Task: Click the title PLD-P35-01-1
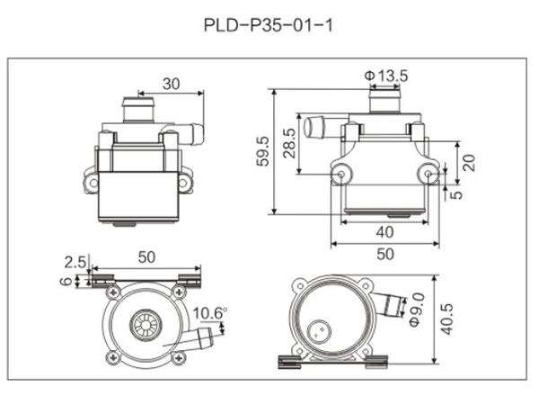269,25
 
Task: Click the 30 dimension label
171,84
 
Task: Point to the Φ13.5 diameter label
387,75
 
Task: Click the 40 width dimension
384,231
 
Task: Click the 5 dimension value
458,192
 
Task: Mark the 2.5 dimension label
75,263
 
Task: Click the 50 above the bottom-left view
146,257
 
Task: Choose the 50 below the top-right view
384,255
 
